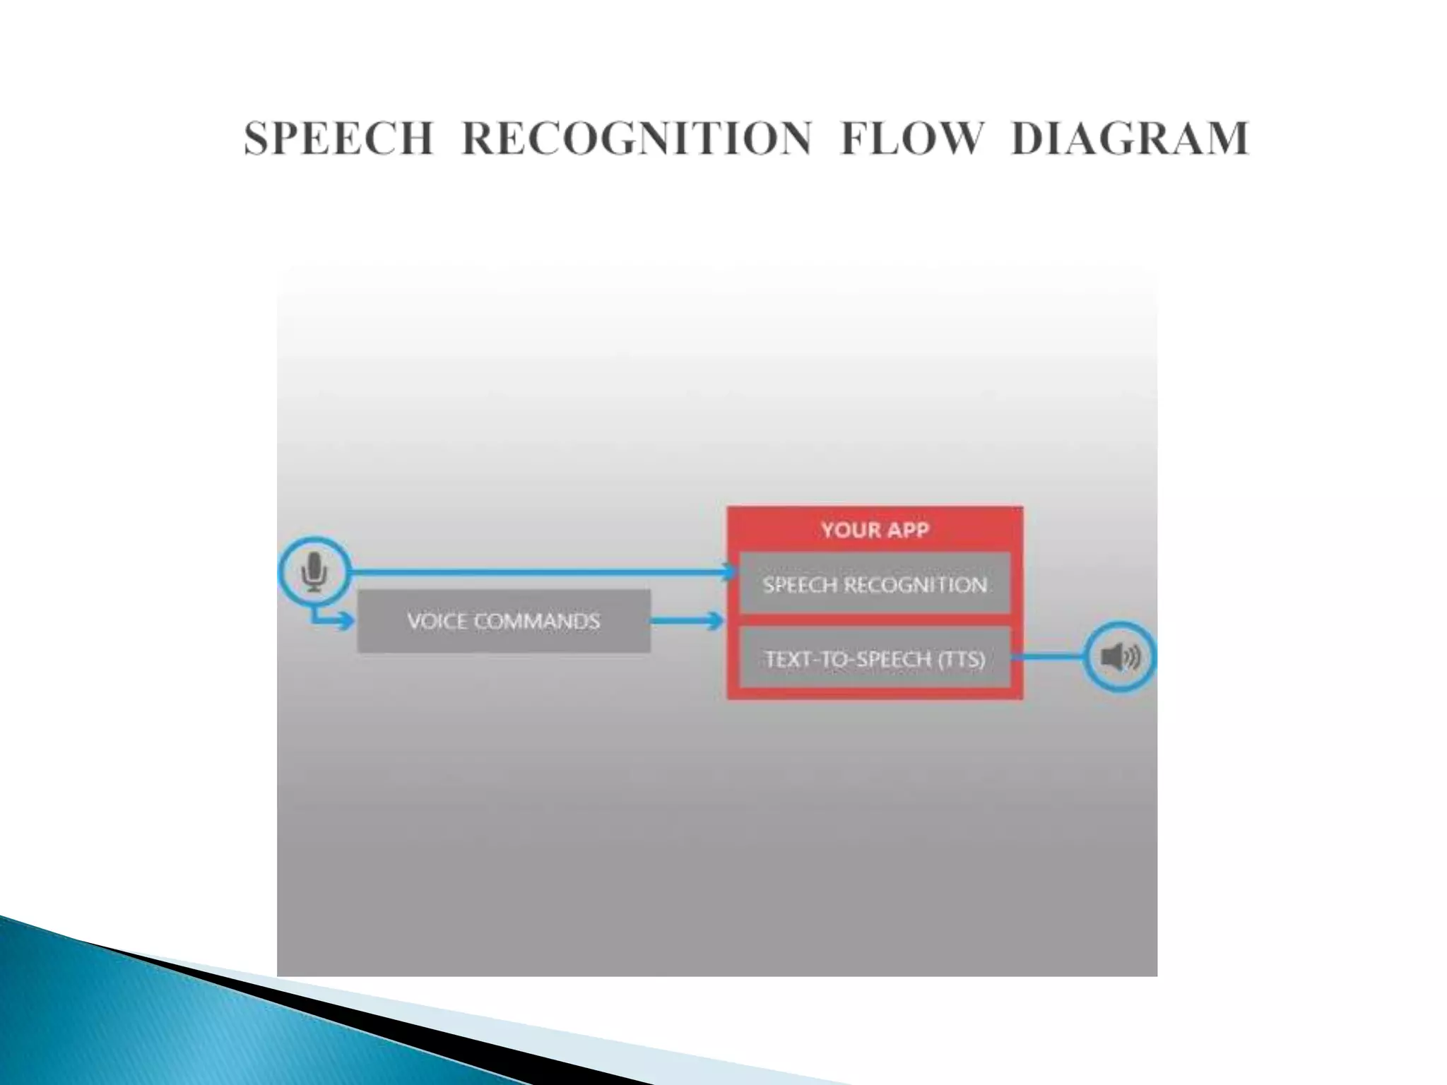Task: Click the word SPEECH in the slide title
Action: pos(338,138)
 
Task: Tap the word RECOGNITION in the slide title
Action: pos(637,138)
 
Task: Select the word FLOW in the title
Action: pos(911,138)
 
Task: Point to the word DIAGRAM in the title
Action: pos(1130,138)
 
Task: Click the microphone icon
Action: pos(314,571)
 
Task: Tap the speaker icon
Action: pos(1119,657)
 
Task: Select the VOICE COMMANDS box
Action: pos(503,621)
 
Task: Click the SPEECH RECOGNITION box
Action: pos(875,584)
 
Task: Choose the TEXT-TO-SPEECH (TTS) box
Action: pos(875,659)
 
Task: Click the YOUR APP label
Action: pos(875,530)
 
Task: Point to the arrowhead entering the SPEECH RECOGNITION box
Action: pos(731,571)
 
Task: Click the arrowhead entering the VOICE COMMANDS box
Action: pos(346,622)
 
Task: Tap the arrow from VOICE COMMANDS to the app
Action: pos(685,622)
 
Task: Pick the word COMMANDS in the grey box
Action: pos(537,621)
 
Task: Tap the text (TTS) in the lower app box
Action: pos(960,659)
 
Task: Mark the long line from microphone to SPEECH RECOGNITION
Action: pos(537,571)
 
